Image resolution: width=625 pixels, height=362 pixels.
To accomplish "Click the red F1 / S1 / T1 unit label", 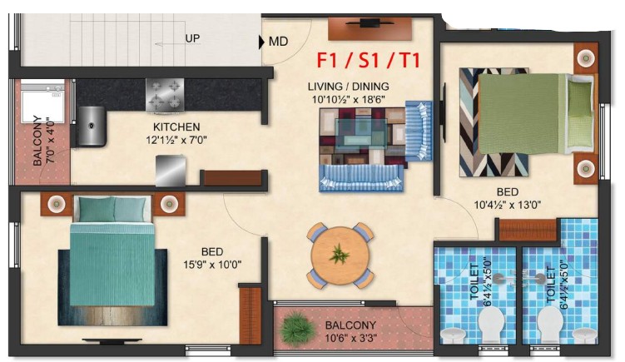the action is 369,61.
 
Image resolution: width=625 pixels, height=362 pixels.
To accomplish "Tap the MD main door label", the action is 278,42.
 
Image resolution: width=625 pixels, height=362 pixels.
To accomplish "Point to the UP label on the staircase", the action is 192,38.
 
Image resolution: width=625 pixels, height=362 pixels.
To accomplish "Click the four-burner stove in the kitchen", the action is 165,95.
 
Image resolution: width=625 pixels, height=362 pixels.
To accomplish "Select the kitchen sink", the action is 92,126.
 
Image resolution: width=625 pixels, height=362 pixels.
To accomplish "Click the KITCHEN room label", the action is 176,127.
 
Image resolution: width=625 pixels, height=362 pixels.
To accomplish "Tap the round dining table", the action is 340,255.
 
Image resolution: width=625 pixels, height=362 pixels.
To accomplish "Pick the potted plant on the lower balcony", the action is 295,328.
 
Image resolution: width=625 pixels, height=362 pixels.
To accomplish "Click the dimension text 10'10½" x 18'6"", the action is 349,100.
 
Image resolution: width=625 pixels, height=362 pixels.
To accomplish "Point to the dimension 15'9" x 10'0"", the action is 212,265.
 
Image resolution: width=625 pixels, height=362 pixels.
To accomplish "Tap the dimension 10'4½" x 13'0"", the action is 508,205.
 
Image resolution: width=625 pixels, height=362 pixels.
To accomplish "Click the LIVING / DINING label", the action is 349,87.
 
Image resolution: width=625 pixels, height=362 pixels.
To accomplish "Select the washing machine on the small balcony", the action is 42,102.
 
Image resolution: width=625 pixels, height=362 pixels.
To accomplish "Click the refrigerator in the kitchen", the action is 171,171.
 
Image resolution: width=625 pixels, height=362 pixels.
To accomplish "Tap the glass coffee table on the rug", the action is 361,133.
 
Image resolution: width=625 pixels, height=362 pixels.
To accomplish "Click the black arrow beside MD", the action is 261,42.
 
